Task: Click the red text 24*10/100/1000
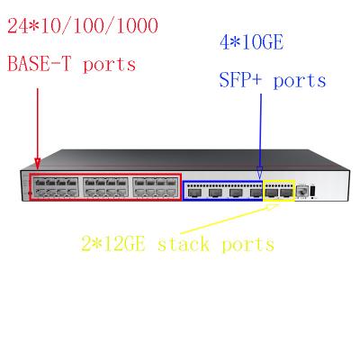tap(83, 26)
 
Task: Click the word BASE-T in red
tap(39, 64)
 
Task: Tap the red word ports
tap(109, 66)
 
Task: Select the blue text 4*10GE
tap(252, 43)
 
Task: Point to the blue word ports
tap(300, 82)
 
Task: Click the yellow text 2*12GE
tap(113, 244)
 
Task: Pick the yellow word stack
tap(184, 244)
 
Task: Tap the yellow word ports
tap(247, 245)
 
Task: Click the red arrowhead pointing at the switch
tap(37, 164)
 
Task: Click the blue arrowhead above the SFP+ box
tap(260, 174)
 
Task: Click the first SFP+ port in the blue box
tap(193, 193)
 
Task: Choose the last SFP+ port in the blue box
tap(256, 193)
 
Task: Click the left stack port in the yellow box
tap(271, 193)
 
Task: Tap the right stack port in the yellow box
tap(286, 193)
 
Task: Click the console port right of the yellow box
tap(301, 192)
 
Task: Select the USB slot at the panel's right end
tap(313, 191)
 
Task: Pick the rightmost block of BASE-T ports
tap(155, 187)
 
